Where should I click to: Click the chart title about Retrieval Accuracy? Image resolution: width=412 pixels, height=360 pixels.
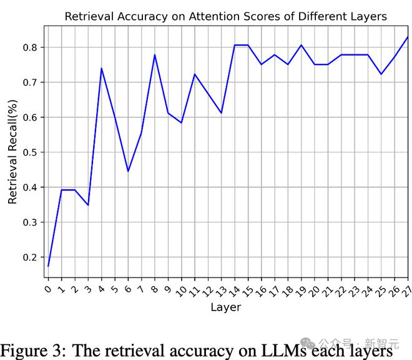point(225,16)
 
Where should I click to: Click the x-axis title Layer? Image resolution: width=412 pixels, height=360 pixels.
point(225,307)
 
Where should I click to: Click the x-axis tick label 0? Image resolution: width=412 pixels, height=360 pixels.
point(48,289)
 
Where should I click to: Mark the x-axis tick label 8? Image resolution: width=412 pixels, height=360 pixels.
point(154,289)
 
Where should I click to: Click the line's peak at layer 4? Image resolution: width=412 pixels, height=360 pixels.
point(101,68)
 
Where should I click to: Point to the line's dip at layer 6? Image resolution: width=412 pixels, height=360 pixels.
point(128,171)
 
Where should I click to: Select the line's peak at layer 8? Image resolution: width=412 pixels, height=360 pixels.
point(155,54)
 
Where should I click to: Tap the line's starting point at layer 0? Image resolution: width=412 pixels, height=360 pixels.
point(48,266)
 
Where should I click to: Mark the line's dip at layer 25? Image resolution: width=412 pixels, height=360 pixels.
point(381,74)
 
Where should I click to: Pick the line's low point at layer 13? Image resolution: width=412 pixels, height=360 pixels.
point(222,113)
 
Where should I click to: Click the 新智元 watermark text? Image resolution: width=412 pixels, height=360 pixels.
point(381,343)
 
